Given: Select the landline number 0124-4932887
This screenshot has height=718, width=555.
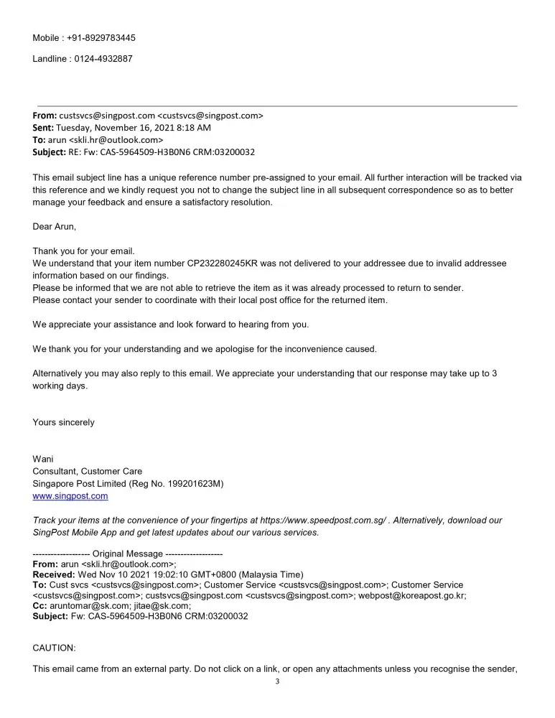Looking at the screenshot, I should pyautogui.click(x=103, y=59).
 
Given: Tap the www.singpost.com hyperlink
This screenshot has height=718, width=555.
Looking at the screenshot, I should pyautogui.click(x=70, y=496).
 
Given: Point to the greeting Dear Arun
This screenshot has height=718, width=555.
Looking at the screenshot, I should pyautogui.click(x=54, y=226).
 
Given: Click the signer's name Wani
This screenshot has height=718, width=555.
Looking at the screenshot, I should pyautogui.click(x=42, y=460).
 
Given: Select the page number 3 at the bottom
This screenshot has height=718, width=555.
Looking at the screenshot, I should pyautogui.click(x=277, y=682).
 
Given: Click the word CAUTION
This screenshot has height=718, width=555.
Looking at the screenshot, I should pyautogui.click(x=54, y=648).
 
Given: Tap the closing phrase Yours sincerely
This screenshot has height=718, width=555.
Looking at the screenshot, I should pyautogui.click(x=63, y=422).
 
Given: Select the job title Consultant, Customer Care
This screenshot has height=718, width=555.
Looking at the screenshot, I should pyautogui.click(x=87, y=472).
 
